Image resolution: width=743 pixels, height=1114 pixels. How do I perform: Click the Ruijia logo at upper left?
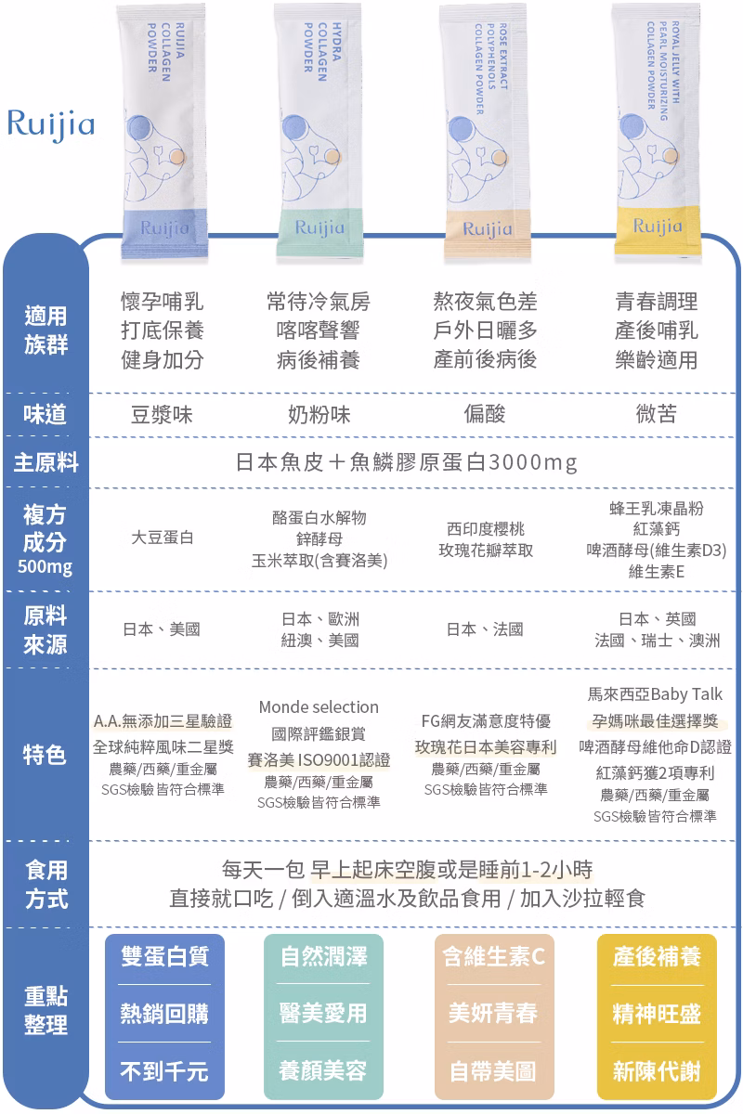coord(51,124)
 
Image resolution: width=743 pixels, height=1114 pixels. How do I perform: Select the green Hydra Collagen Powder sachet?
coord(319,130)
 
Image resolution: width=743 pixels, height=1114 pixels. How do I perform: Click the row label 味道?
coord(45,414)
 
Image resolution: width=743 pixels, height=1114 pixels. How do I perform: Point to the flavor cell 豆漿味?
coord(162,414)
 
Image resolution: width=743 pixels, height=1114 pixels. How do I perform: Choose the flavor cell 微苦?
coord(657,413)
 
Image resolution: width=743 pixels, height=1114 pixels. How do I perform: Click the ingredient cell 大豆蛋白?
coord(163,538)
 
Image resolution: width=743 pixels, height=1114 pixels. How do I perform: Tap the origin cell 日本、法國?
coord(485,629)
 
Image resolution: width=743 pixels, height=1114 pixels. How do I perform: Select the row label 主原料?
coord(46,462)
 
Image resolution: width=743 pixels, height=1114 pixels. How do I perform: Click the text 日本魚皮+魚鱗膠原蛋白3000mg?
coord(406,462)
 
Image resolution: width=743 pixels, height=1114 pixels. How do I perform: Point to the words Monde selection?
coord(319,707)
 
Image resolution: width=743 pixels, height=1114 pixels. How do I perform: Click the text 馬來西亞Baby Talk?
coord(655,694)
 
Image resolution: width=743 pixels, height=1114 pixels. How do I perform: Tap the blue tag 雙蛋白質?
coord(164,956)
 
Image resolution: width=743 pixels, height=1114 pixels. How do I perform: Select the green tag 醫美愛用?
coord(323,1014)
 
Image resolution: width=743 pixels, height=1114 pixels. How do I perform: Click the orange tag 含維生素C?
coord(494,956)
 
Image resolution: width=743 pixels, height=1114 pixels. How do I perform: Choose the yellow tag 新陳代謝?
coord(657,1070)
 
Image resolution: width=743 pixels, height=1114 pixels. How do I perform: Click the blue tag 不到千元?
coord(164,1070)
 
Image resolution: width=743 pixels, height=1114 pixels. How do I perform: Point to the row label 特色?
coord(45,755)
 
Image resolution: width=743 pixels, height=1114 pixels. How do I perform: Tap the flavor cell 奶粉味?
coord(319,414)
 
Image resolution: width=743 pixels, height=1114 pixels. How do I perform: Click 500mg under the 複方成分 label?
coord(45,566)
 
